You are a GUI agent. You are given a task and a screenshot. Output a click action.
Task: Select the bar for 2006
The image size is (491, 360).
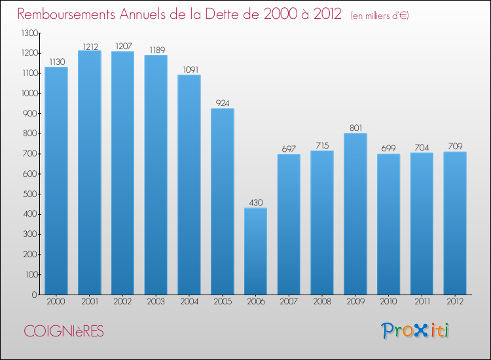point(255,251)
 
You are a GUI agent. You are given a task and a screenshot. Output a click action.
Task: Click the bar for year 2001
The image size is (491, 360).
point(90,173)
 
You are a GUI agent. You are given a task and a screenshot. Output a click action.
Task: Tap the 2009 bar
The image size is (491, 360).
point(355,214)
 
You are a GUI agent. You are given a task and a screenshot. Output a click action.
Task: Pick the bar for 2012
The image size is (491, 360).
point(455,223)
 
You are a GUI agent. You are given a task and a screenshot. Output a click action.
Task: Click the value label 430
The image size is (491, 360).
point(256,202)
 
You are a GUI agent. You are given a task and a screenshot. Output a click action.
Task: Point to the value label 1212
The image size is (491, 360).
point(90,46)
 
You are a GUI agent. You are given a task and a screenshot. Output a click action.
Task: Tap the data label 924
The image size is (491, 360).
point(223,103)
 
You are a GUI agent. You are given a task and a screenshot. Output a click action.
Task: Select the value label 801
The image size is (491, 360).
point(355,128)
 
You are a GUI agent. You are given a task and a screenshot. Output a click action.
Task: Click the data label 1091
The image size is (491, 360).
point(191,69)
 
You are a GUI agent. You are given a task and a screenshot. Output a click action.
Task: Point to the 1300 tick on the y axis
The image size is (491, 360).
point(29,33)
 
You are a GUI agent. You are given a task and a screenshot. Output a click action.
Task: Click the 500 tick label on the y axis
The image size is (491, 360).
point(30,194)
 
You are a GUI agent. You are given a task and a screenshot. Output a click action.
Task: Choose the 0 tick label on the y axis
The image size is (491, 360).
point(35,295)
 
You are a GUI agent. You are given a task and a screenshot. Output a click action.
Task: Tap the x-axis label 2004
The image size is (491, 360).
point(189,302)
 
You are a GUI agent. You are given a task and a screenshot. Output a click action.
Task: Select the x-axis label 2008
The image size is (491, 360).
point(322,302)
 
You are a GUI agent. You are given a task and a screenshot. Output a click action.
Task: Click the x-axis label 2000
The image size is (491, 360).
point(56,302)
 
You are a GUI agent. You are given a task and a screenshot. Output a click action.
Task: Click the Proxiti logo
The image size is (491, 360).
point(415,331)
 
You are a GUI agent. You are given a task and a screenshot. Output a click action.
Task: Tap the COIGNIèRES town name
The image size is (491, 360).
point(64,331)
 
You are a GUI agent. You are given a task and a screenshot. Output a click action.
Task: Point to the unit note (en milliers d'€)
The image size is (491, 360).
point(380,16)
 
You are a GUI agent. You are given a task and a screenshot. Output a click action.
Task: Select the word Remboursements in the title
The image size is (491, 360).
point(66,14)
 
